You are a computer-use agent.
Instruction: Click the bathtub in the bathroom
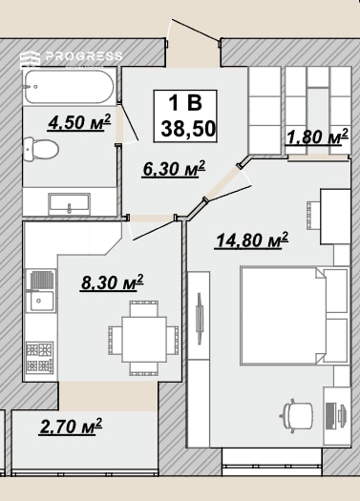[69, 87]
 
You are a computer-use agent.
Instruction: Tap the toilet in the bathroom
[41, 149]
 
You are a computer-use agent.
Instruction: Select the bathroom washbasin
[69, 204]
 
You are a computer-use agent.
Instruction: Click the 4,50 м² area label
[79, 123]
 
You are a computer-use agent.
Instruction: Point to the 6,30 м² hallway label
[174, 169]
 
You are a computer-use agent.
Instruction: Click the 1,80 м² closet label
[317, 136]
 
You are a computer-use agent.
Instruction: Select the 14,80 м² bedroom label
[252, 240]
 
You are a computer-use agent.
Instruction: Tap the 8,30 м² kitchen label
[112, 282]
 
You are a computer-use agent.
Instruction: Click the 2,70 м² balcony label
[71, 427]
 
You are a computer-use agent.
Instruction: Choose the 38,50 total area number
[188, 129]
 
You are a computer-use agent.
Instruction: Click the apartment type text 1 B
[185, 103]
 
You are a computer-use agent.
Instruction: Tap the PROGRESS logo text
[84, 56]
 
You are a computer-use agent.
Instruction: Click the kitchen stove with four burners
[40, 357]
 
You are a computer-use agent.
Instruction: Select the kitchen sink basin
[42, 301]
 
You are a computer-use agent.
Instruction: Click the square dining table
[143, 339]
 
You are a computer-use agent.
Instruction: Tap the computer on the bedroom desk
[335, 417]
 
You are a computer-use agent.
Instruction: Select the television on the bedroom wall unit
[200, 319]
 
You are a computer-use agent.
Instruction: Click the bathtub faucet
[31, 87]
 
